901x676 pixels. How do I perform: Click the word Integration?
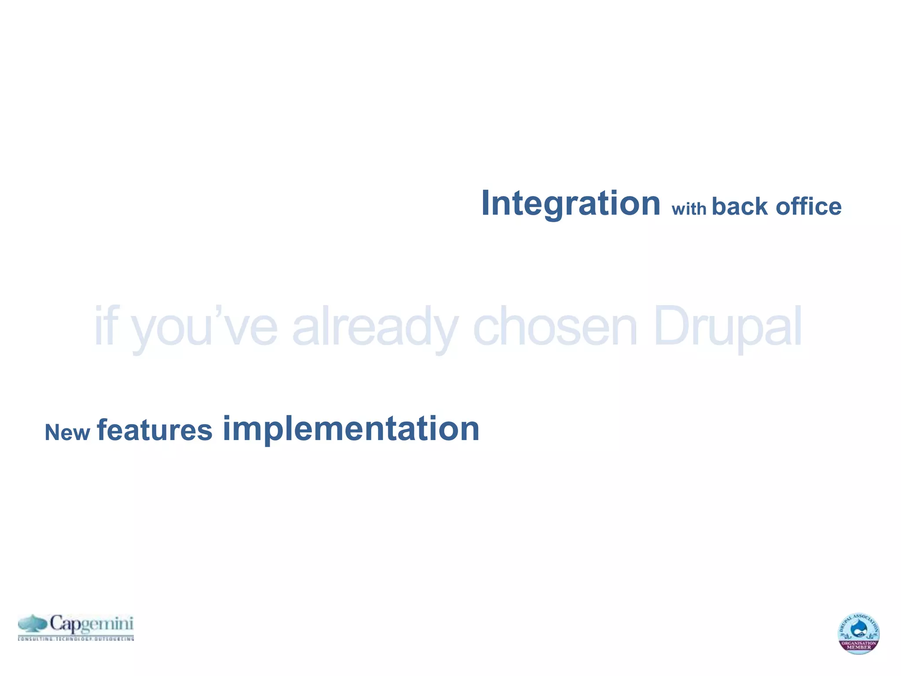[571, 203]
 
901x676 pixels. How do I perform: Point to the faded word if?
[105, 327]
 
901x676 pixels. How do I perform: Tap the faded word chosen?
[555, 327]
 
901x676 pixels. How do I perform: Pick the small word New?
[67, 433]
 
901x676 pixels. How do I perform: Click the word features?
[154, 430]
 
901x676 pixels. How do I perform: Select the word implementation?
[351, 429]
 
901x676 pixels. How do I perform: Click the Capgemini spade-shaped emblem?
[33, 624]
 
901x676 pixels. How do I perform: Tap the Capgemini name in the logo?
[91, 624]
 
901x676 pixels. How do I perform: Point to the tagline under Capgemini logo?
[76, 638]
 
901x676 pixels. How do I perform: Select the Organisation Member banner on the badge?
[859, 645]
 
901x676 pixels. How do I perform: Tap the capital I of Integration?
[486, 203]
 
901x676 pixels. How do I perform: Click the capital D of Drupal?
[671, 327]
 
